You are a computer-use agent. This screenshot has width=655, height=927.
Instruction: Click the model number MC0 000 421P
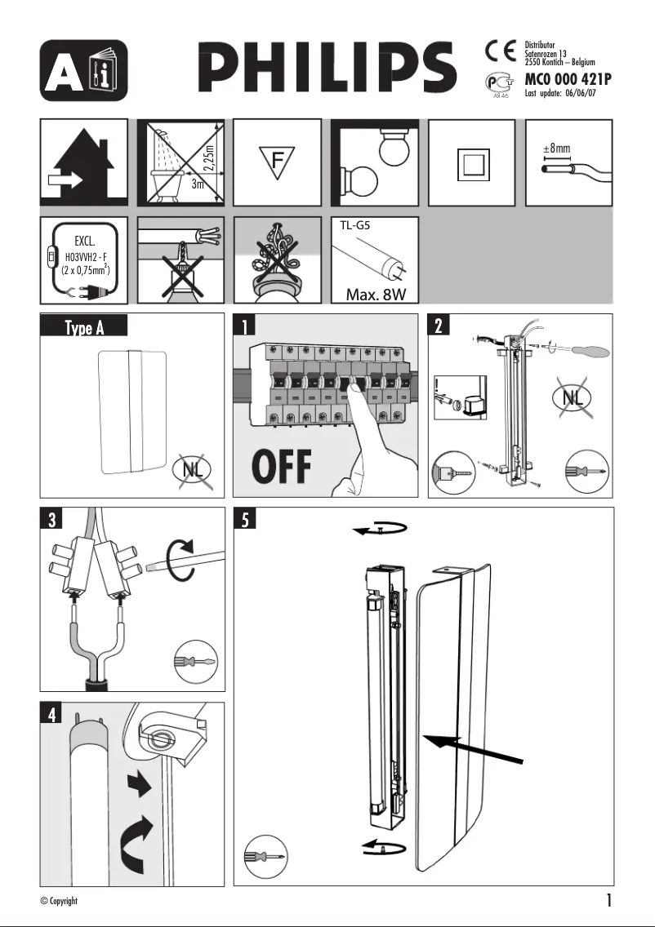tap(568, 80)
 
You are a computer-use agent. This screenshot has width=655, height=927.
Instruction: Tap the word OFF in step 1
tap(282, 467)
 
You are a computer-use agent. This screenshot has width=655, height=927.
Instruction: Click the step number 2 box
tap(439, 326)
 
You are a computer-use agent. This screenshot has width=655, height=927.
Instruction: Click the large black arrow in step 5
tap(474, 747)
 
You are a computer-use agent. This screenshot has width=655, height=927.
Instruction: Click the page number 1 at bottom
tap(608, 901)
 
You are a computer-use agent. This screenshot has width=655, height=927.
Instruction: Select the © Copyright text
tap(59, 901)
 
